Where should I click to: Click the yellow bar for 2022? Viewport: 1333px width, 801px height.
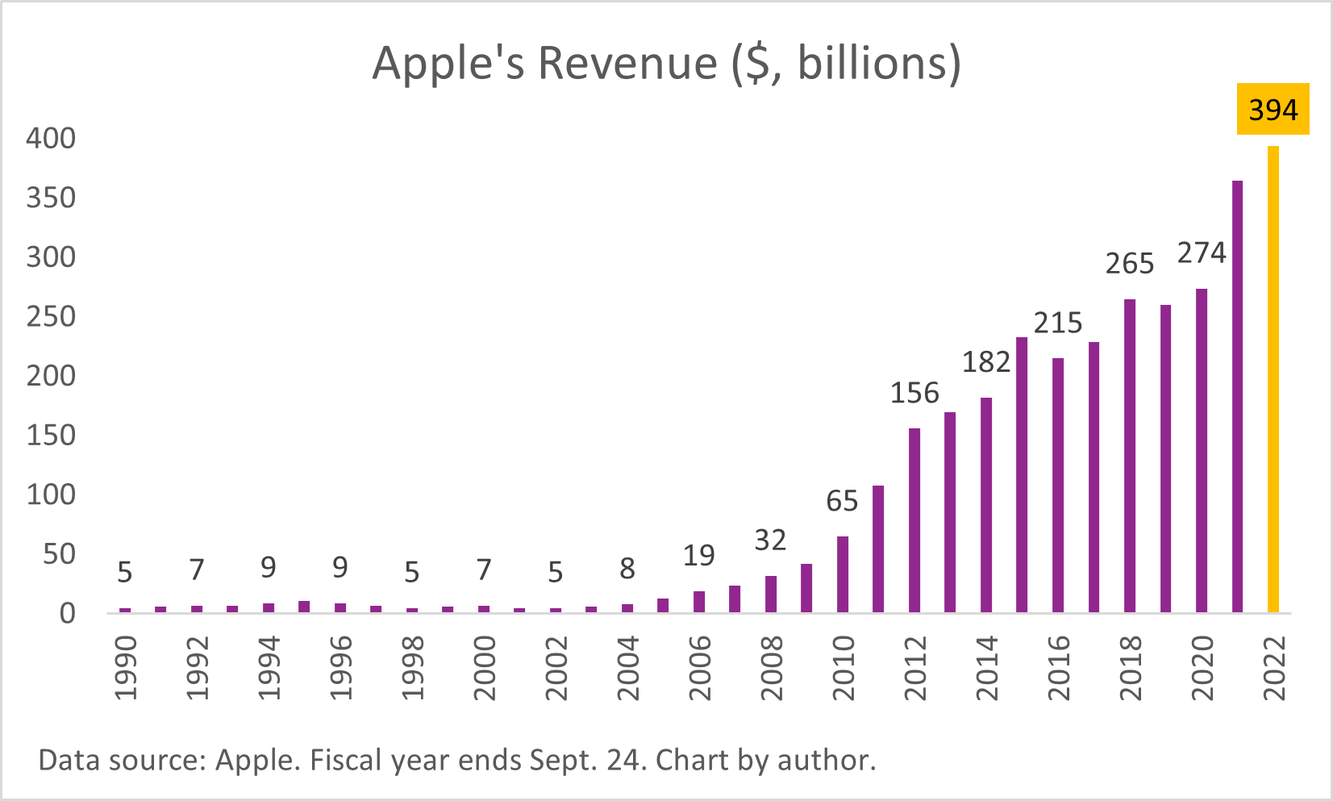click(x=1273, y=379)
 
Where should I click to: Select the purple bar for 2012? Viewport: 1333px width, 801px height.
click(x=914, y=520)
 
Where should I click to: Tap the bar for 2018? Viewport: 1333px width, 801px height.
click(x=1130, y=456)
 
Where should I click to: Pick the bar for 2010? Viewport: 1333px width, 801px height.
click(x=843, y=574)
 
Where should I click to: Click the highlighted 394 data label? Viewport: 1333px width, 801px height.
click(x=1273, y=110)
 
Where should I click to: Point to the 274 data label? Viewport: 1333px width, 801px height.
click(x=1202, y=253)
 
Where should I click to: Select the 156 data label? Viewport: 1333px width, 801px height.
click(x=914, y=393)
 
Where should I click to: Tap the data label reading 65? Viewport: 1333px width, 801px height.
click(x=842, y=502)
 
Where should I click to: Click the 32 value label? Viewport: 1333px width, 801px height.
click(x=770, y=540)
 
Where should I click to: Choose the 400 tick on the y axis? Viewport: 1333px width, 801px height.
click(x=51, y=139)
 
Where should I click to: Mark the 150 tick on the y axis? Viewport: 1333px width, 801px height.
click(x=51, y=436)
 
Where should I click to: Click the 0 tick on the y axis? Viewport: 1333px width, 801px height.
click(x=67, y=614)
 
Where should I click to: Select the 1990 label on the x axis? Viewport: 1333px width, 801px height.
click(x=126, y=668)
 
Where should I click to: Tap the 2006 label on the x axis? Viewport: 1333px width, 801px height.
click(x=699, y=668)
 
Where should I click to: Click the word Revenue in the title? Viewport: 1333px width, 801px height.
click(x=627, y=63)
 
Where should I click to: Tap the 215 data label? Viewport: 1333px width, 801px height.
click(x=1058, y=323)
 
